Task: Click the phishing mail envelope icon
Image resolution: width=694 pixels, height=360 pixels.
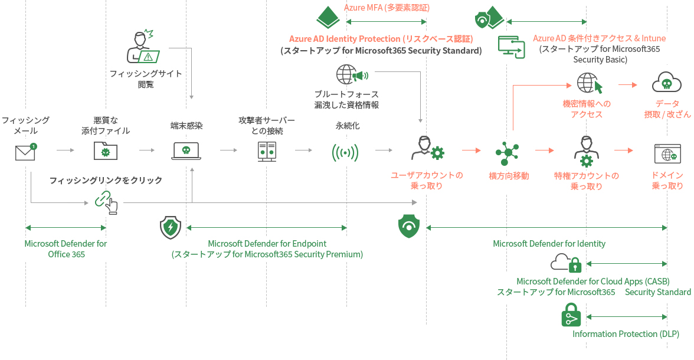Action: [x=26, y=152]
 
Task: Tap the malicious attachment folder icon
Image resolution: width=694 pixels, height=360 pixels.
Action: [x=105, y=150]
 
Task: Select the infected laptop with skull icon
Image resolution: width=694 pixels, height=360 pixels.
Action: [x=186, y=151]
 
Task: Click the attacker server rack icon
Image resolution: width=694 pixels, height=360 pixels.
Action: [x=267, y=152]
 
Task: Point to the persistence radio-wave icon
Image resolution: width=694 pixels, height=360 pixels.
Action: [x=345, y=153]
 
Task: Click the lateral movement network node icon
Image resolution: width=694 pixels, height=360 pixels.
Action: [x=508, y=152]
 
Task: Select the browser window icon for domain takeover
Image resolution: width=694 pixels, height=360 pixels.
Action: [x=667, y=153]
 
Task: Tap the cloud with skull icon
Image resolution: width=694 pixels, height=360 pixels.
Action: [x=667, y=82]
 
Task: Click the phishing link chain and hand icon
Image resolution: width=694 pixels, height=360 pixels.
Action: [x=106, y=202]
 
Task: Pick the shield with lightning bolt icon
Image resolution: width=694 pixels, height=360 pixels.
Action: [x=171, y=228]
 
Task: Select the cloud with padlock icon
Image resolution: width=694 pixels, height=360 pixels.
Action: [x=565, y=263]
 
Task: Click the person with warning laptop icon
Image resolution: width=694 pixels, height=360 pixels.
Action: [x=143, y=47]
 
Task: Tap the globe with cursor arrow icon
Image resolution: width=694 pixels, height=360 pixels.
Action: [x=590, y=83]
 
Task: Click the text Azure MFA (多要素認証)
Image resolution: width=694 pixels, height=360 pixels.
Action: [x=387, y=8]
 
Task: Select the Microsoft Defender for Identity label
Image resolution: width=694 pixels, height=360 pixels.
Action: [x=549, y=244]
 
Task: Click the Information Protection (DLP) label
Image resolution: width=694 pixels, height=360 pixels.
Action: [x=626, y=334]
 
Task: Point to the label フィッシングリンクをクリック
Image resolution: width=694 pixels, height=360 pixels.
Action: [x=106, y=180]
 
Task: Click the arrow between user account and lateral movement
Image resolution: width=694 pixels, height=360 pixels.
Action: [x=472, y=150]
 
